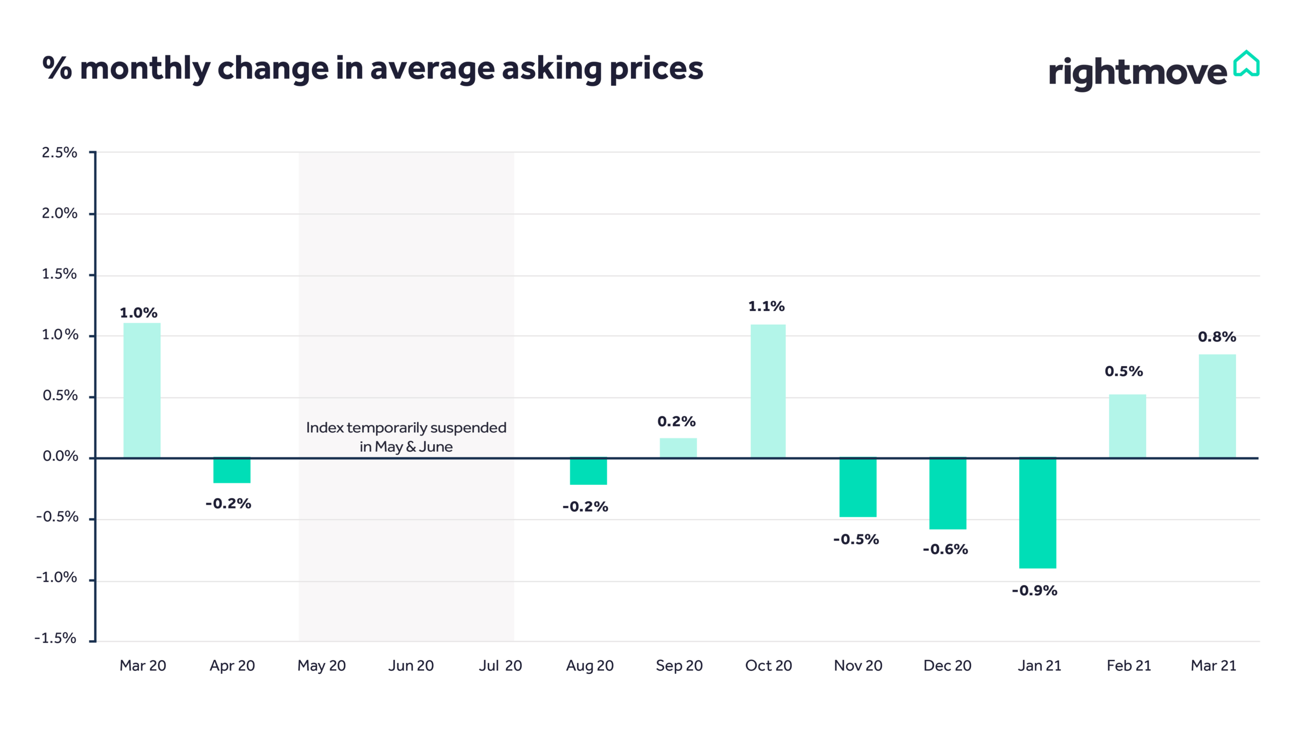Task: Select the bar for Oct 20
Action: point(768,391)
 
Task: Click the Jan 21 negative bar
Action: point(1037,513)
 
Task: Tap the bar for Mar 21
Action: point(1217,406)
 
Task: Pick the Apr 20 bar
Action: point(232,470)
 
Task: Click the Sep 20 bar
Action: point(678,448)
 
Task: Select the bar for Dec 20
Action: point(947,493)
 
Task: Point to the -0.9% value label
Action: point(1035,591)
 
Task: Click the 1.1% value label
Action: point(766,306)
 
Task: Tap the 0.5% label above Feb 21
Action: point(1123,371)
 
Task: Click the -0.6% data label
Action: point(945,549)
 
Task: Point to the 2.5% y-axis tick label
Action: point(59,152)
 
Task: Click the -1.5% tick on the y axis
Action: point(55,638)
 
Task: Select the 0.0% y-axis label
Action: point(60,456)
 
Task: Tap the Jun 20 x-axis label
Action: point(411,666)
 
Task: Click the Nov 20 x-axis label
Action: point(858,666)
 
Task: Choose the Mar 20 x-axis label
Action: point(142,666)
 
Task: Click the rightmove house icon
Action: point(1246,64)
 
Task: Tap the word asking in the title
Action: point(552,69)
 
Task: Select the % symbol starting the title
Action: point(57,68)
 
